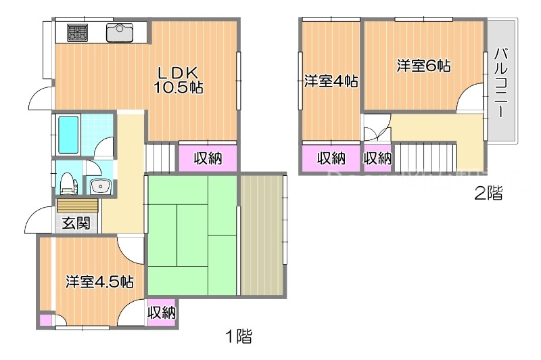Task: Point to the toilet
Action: pyautogui.click(x=67, y=182)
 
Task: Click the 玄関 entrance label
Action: pyautogui.click(x=76, y=223)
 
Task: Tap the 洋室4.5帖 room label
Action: pyautogui.click(x=99, y=282)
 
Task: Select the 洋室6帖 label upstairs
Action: pyautogui.click(x=423, y=66)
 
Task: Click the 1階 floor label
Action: pyautogui.click(x=239, y=335)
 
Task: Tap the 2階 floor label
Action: pyautogui.click(x=488, y=194)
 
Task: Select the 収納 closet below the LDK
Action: pyautogui.click(x=208, y=159)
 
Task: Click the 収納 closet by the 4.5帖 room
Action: pyautogui.click(x=162, y=313)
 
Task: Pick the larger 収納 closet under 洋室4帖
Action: pyautogui.click(x=331, y=159)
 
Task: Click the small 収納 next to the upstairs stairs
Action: pyautogui.click(x=377, y=159)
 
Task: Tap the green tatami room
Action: pyautogui.click(x=191, y=234)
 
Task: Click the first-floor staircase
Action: pyautogui.click(x=161, y=159)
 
